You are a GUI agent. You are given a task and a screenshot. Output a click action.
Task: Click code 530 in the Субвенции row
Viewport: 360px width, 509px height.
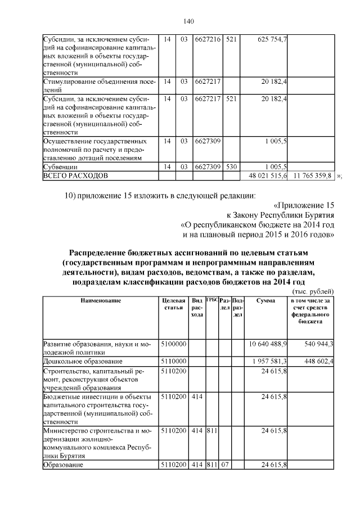click(x=231, y=167)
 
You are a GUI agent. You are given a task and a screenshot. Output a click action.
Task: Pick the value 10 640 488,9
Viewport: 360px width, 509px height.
click(x=268, y=343)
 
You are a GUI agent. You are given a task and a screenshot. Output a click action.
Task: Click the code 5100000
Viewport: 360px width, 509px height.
click(x=173, y=343)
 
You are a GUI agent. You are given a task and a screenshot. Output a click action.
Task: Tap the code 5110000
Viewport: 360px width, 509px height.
click(x=173, y=361)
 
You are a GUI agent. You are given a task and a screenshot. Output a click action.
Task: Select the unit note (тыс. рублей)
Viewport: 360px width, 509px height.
click(x=313, y=291)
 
